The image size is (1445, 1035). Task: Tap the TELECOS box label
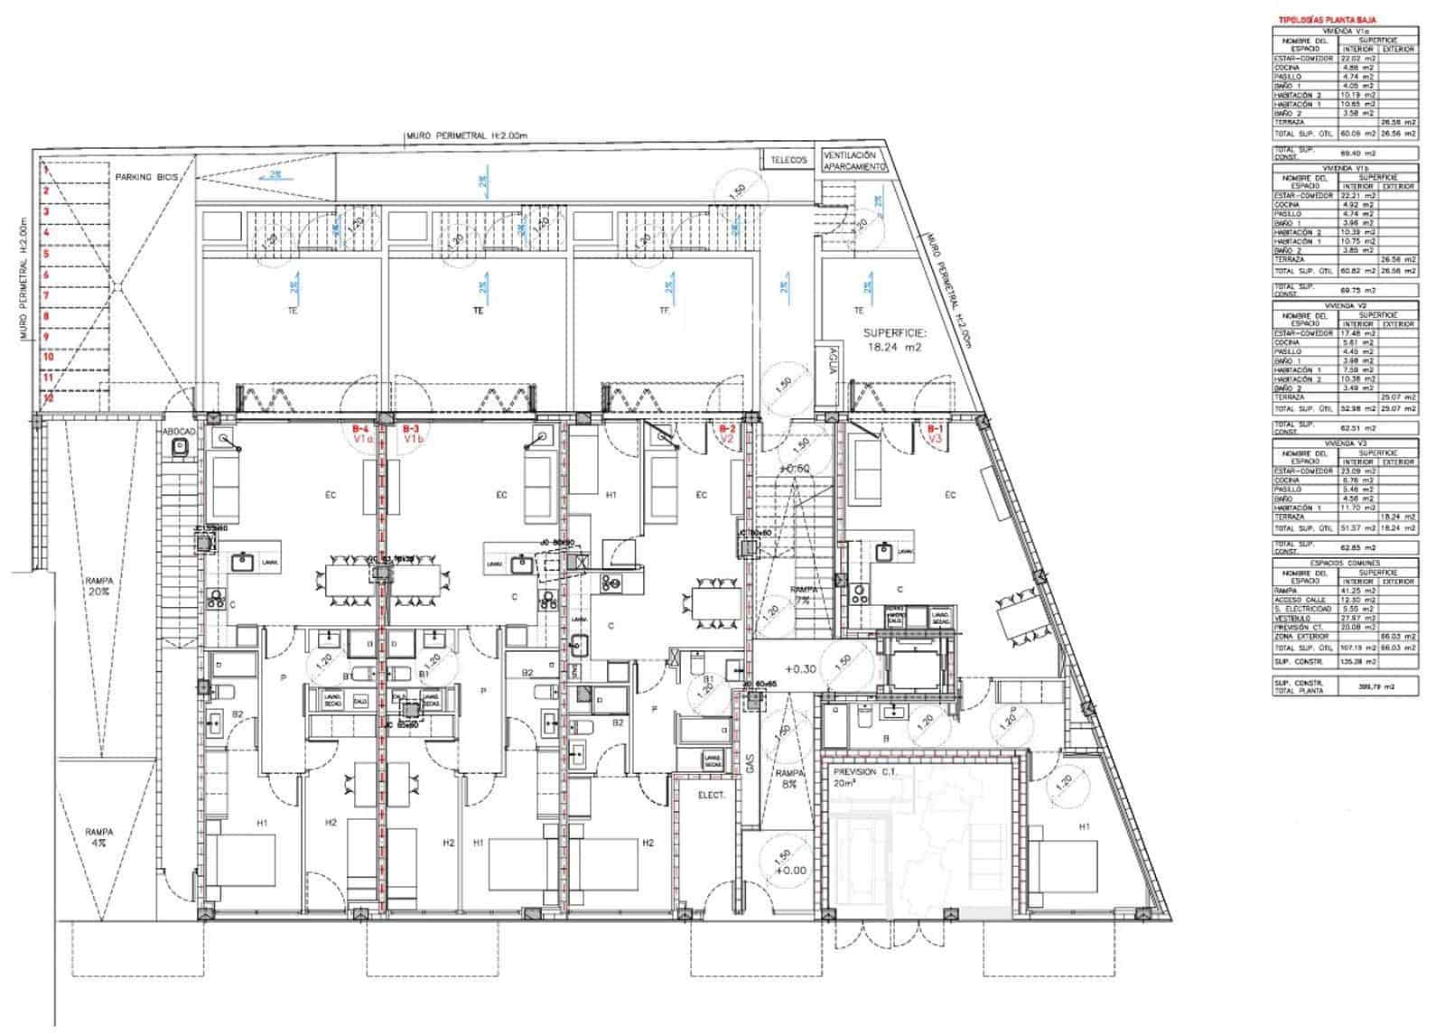[x=788, y=159]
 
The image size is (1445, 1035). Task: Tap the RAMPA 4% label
[x=98, y=837]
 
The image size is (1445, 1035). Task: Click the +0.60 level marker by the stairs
[x=794, y=469]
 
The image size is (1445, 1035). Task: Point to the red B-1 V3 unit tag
[x=936, y=434]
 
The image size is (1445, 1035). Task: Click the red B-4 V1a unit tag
[x=362, y=434]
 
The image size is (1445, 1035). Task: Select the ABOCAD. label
[x=178, y=433]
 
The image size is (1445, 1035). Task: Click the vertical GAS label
[x=750, y=764]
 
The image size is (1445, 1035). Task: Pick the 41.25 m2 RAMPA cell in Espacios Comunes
[x=1357, y=591]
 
